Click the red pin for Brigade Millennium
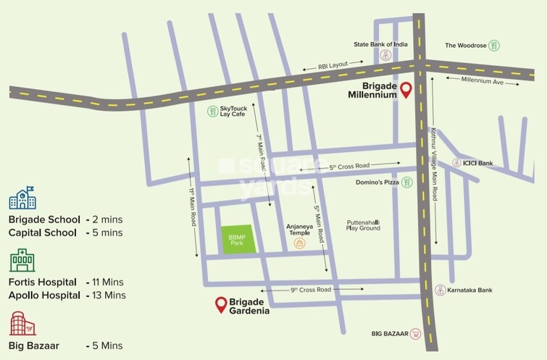(x=406, y=89)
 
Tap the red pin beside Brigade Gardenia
(x=221, y=304)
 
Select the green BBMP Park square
(x=238, y=238)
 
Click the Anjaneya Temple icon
(x=299, y=244)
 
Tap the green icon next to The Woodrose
(x=494, y=45)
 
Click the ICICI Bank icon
(x=456, y=164)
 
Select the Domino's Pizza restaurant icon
(x=407, y=183)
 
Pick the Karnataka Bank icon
(x=440, y=290)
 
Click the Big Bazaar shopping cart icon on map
(x=415, y=334)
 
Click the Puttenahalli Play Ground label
(x=364, y=226)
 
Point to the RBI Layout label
(x=333, y=65)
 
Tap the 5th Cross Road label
(x=350, y=167)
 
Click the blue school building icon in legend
(x=22, y=198)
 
